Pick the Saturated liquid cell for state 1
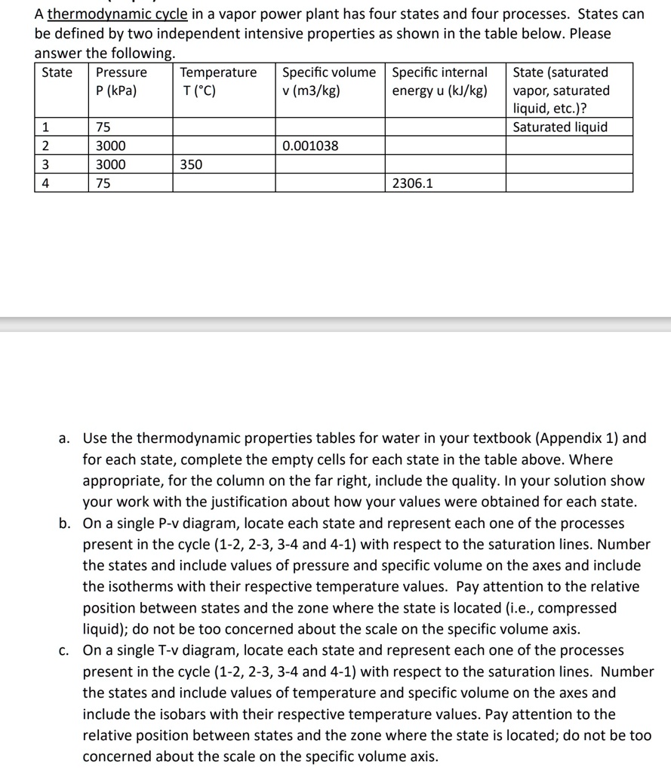pos(560,127)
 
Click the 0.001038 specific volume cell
pos(310,146)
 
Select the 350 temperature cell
pos(192,164)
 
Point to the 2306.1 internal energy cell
pos(413,183)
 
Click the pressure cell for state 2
pos(111,146)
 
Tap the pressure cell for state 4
pos(103,183)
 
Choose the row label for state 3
pos(45,164)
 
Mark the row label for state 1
pos(45,127)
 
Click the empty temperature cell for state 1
pos(224,127)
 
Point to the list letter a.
pos(66,438)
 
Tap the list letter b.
pos(66,523)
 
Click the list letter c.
pos(66,650)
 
